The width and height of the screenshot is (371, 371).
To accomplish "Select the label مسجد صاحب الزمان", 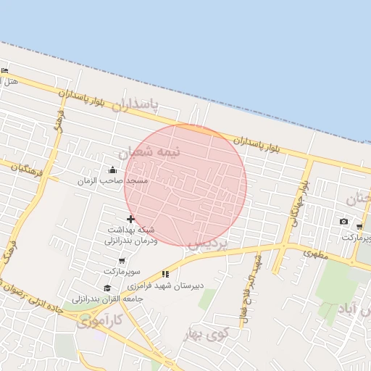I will pyautogui.click(x=112, y=180).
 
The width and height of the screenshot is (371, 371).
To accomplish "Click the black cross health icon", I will pyautogui.click(x=130, y=219).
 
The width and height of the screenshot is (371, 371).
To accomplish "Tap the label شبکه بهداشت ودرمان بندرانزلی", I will pyautogui.click(x=130, y=234).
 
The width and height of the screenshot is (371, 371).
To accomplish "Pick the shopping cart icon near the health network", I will pyautogui.click(x=122, y=260).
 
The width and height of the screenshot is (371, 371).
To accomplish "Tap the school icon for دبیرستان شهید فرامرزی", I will pyautogui.click(x=165, y=274).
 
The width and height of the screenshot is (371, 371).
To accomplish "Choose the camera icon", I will pyautogui.click(x=343, y=221).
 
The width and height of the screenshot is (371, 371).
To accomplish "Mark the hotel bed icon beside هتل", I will pyautogui.click(x=5, y=70).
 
